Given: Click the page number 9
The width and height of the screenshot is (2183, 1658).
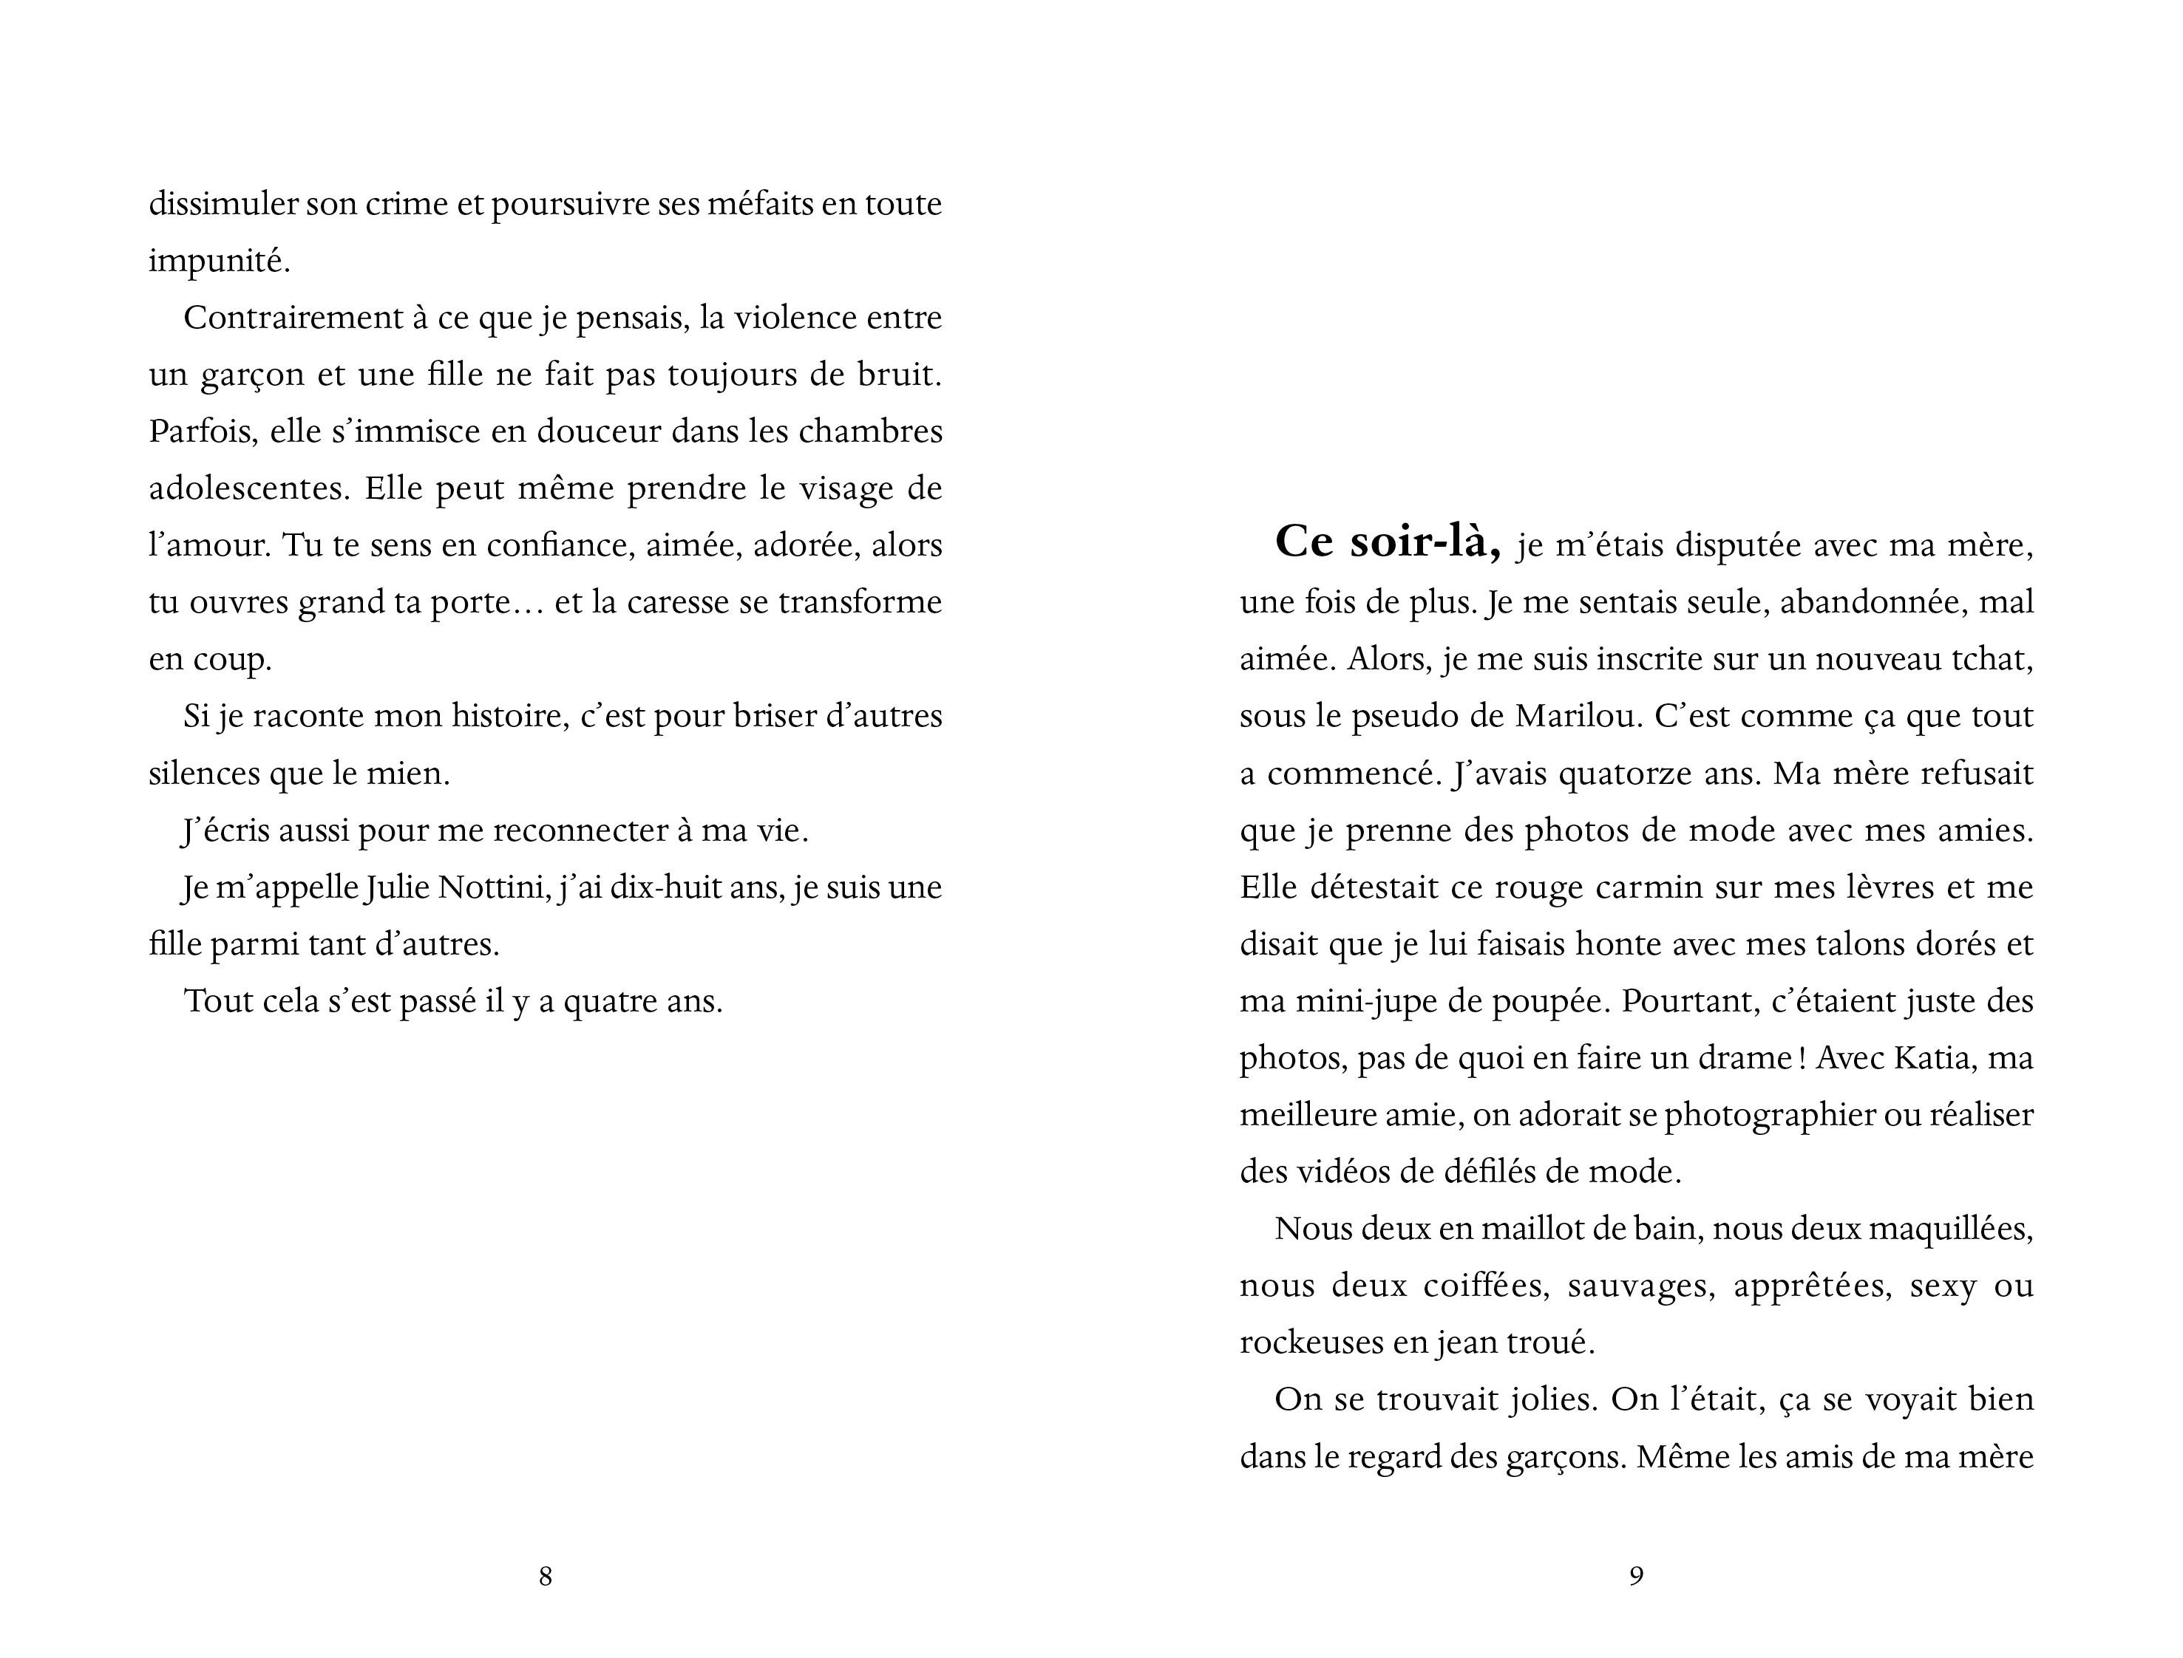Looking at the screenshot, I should pyautogui.click(x=1636, y=1576).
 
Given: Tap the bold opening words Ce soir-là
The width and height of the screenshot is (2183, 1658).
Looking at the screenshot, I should pyautogui.click(x=1388, y=542).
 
